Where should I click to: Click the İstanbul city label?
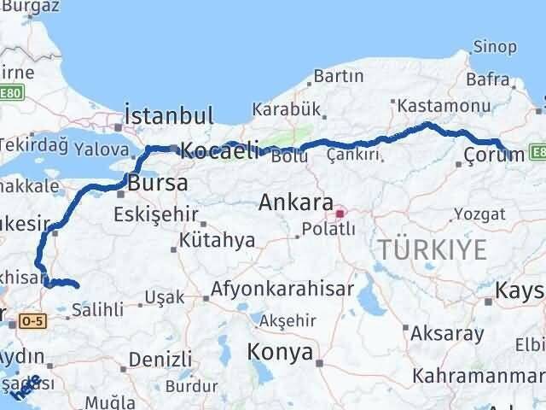(x=168, y=116)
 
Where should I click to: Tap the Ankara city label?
(x=296, y=202)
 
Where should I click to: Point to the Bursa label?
(x=158, y=183)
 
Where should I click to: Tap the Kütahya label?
(x=217, y=240)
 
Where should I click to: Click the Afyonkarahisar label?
(x=282, y=289)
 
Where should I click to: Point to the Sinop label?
(x=495, y=47)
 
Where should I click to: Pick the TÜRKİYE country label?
(x=433, y=250)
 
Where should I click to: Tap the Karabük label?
(x=285, y=109)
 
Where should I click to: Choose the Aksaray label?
(x=447, y=332)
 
